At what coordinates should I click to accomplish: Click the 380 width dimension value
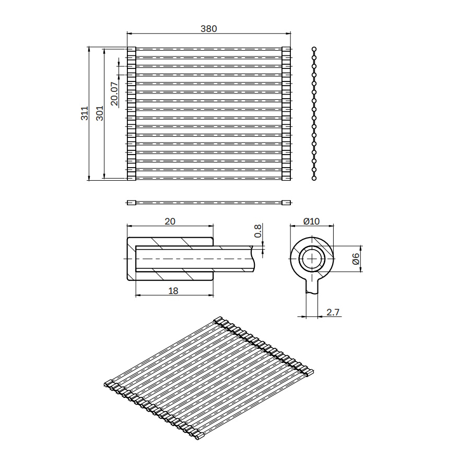[x=208, y=29]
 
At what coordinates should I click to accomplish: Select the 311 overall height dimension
[x=85, y=113]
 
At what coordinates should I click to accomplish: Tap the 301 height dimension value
[x=100, y=113]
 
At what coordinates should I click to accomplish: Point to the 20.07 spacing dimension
[x=114, y=94]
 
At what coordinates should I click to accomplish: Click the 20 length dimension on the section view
[x=170, y=221]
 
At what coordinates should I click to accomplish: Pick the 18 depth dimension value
[x=173, y=291]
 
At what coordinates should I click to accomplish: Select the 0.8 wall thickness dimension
[x=258, y=231]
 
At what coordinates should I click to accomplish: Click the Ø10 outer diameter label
[x=311, y=221]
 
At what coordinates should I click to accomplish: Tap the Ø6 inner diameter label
[x=356, y=258]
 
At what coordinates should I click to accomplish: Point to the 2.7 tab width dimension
[x=333, y=312]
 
